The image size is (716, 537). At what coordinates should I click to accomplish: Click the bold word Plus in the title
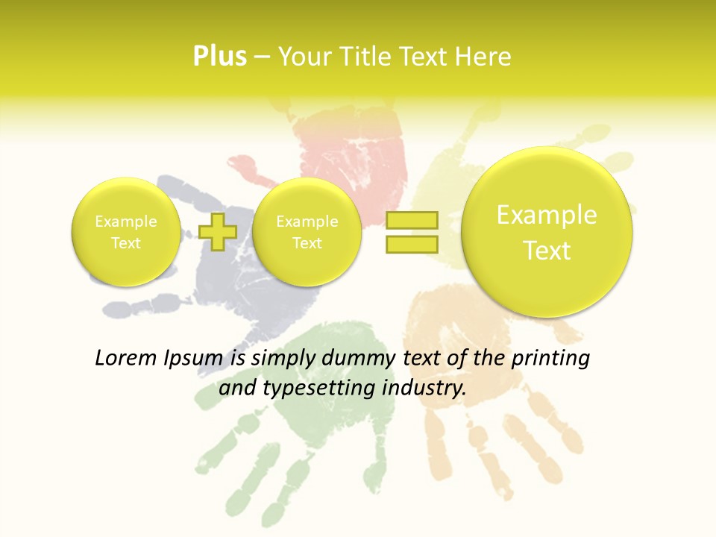[x=219, y=56]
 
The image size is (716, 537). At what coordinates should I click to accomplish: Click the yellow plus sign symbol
[x=218, y=232]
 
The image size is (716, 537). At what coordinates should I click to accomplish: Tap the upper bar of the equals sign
[x=411, y=220]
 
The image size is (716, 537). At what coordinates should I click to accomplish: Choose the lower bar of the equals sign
[x=411, y=244]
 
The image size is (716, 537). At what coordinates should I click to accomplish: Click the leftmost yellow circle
[x=125, y=232]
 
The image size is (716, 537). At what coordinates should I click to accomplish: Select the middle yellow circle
[x=307, y=232]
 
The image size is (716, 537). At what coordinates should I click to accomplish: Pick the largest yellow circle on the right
[x=547, y=232]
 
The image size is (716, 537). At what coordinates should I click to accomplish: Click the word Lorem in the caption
[x=125, y=359]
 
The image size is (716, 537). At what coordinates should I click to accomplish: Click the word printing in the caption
[x=550, y=359]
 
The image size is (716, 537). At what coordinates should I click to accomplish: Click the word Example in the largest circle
[x=547, y=215]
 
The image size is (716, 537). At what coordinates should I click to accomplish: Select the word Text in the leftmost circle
[x=125, y=243]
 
